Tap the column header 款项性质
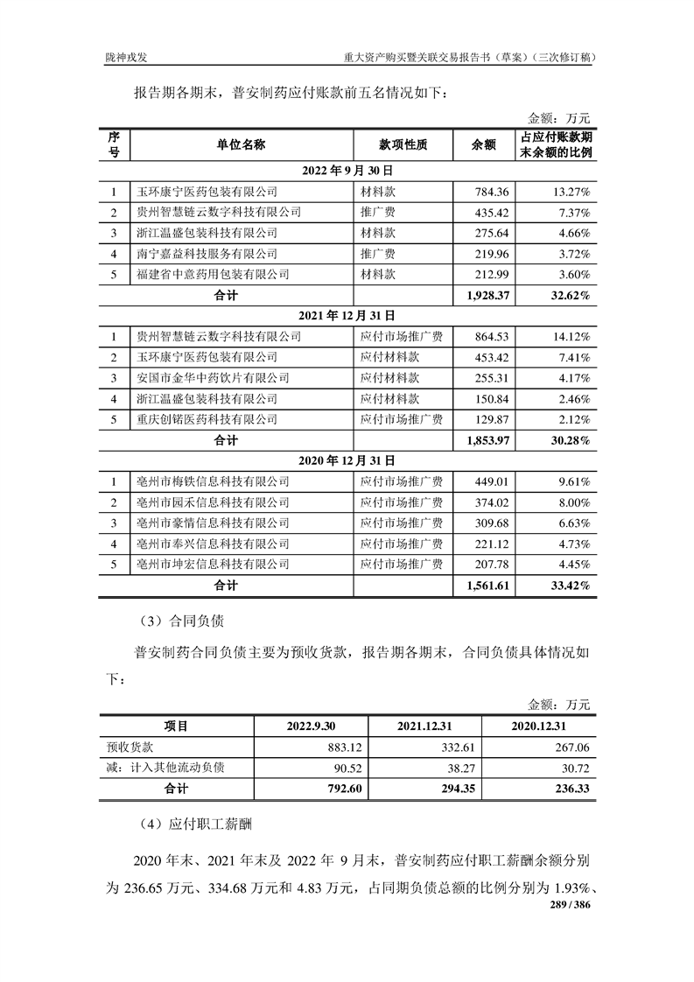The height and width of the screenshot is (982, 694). click(403, 145)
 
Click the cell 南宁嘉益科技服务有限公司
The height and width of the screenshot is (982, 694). click(207, 254)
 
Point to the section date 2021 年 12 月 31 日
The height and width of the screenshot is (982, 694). click(347, 316)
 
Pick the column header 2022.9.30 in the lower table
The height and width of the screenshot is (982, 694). click(311, 726)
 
